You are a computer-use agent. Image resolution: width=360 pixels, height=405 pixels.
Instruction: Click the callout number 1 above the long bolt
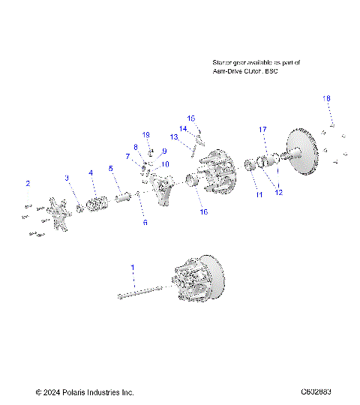point(133,268)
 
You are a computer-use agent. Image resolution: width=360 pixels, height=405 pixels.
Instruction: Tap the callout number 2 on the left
point(28,183)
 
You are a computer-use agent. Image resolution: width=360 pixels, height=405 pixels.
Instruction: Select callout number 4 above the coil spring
point(91,172)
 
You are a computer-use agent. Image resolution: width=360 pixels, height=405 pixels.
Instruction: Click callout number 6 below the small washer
point(145,223)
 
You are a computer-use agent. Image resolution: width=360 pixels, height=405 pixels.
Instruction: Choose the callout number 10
point(165,163)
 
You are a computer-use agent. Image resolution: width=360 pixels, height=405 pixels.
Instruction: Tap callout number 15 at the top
point(190,118)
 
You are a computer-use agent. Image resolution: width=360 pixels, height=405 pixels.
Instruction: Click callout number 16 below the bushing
point(203,212)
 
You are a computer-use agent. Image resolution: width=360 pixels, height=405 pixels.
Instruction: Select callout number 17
point(263,129)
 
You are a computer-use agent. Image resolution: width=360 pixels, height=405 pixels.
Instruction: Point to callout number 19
point(147,135)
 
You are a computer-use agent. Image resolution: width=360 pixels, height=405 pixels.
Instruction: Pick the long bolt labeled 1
point(142,294)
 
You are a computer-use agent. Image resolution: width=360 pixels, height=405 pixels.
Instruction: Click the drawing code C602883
point(316,391)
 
